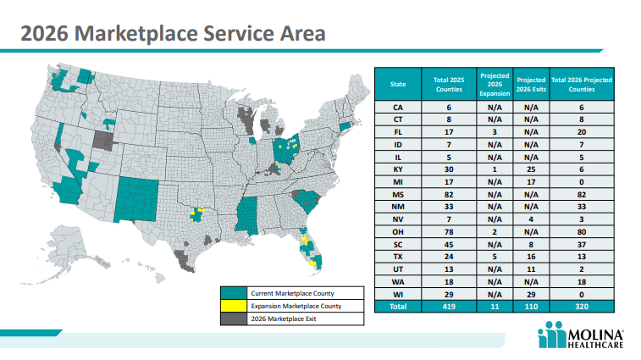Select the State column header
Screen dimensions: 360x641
[398, 84]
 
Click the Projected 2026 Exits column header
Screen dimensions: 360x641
[531, 84]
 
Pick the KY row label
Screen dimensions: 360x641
[398, 169]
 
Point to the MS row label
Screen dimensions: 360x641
[398, 194]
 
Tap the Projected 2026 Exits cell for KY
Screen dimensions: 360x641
[531, 169]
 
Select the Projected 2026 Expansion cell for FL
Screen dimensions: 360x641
[494, 132]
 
